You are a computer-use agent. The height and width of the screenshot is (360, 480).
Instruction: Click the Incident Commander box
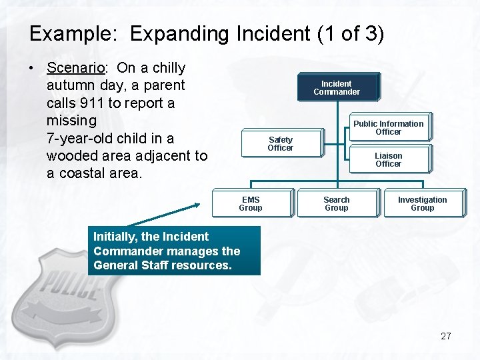coord(337,87)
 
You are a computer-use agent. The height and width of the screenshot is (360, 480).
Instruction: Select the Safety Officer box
coord(281,143)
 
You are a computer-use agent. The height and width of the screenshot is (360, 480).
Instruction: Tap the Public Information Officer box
coord(389,127)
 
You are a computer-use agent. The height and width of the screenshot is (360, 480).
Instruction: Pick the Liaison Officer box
coord(389,159)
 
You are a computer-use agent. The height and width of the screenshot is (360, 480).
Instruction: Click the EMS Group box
coord(251,203)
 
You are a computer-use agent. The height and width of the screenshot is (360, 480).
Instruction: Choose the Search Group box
coord(337,203)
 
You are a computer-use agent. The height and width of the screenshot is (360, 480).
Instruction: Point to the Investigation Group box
coord(422,203)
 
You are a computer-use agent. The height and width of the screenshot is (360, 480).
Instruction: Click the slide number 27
coord(446,336)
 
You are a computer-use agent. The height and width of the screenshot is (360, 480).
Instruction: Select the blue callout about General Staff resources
coord(174,251)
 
